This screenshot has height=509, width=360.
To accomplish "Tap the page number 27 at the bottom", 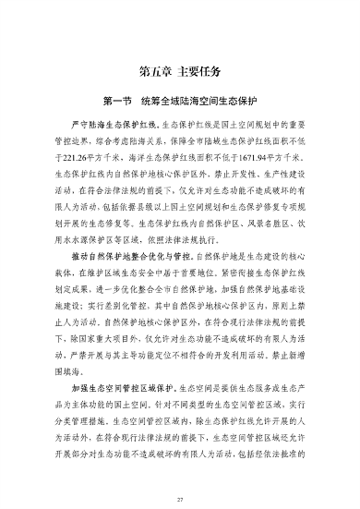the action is [180, 500].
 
